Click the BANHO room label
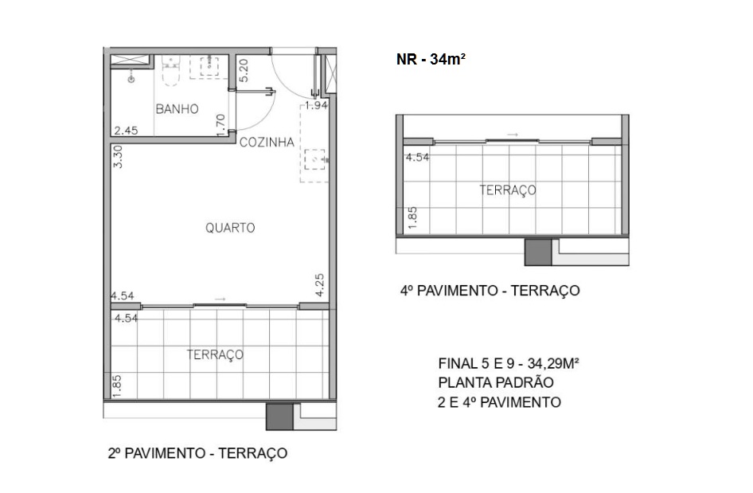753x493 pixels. [x=177, y=109]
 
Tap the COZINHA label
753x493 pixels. [x=267, y=143]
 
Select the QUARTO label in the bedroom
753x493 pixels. [x=230, y=228]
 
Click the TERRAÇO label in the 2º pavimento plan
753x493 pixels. [x=215, y=354]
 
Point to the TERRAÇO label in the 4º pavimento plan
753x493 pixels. [x=508, y=190]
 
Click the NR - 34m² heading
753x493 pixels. [x=431, y=59]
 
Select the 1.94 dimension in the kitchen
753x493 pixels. [x=317, y=105]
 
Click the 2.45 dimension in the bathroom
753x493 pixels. [x=127, y=131]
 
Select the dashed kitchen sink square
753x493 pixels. [x=318, y=158]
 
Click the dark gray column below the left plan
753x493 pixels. [x=279, y=417]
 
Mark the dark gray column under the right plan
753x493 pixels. [x=538, y=252]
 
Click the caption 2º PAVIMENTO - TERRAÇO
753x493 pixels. [x=197, y=454]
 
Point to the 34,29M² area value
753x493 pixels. [x=550, y=362]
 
